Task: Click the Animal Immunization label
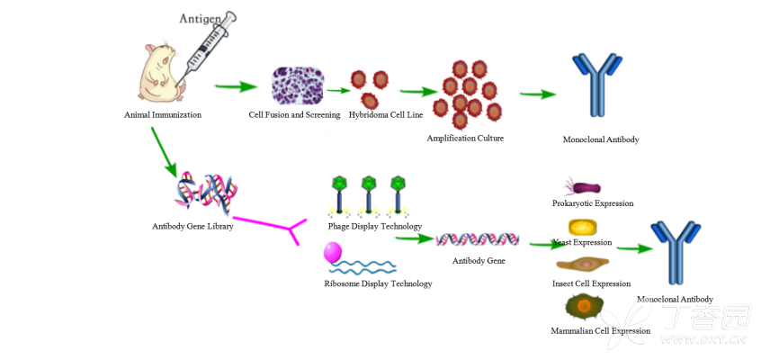pyautogui.click(x=163, y=115)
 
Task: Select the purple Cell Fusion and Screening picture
pyautogui.click(x=298, y=86)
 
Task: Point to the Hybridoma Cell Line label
pyautogui.click(x=386, y=115)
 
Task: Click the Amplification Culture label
pyautogui.click(x=465, y=138)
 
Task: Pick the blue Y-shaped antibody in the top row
pyautogui.click(x=596, y=85)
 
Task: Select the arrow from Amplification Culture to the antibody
pyautogui.click(x=537, y=94)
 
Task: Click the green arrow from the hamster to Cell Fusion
pyautogui.click(x=235, y=87)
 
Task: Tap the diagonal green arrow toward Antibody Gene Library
pyautogui.click(x=163, y=151)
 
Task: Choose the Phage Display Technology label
pyautogui.click(x=375, y=226)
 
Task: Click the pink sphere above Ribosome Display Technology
pyautogui.click(x=333, y=252)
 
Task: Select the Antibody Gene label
pyautogui.click(x=479, y=261)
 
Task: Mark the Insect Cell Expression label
pyautogui.click(x=591, y=283)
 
